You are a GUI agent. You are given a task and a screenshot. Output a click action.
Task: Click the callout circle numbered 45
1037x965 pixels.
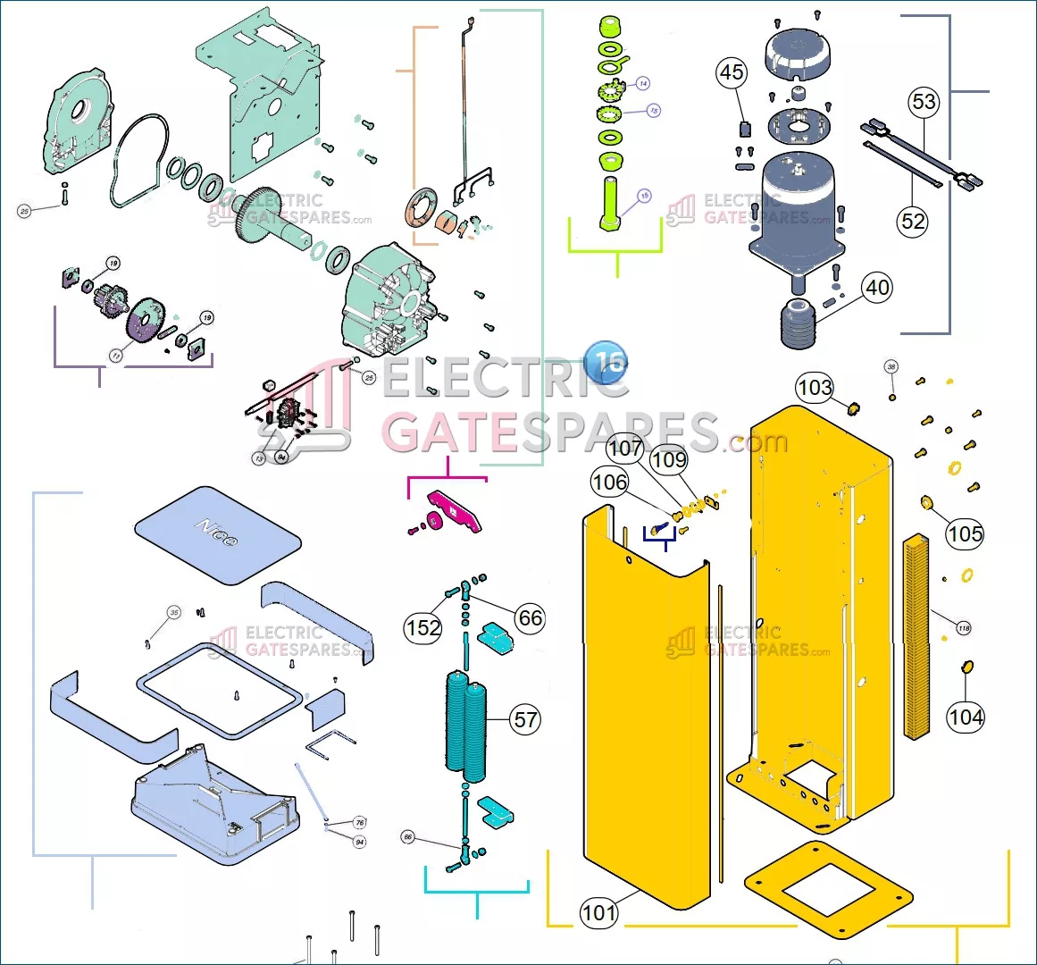(x=732, y=72)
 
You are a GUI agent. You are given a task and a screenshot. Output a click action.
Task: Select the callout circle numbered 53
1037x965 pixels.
(x=924, y=102)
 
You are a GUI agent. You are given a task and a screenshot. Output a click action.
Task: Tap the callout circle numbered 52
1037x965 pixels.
(x=913, y=221)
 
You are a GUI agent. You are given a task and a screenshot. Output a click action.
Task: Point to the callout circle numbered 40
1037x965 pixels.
(x=877, y=287)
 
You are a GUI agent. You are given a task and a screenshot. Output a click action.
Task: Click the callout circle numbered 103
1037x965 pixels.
(x=815, y=387)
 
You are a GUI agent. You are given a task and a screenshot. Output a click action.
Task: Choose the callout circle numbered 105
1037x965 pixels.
(x=965, y=533)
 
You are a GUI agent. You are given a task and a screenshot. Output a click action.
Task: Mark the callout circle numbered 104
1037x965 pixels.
(x=966, y=717)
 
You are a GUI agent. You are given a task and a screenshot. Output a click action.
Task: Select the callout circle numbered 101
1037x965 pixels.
(x=598, y=912)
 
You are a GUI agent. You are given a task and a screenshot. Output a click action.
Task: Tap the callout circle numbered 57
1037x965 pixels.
(x=526, y=719)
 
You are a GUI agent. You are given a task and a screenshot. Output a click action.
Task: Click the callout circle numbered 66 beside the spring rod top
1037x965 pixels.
(x=530, y=617)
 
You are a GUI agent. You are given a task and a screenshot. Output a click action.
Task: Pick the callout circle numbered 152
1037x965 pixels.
(x=423, y=627)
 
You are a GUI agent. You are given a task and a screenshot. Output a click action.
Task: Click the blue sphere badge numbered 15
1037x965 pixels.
(x=606, y=363)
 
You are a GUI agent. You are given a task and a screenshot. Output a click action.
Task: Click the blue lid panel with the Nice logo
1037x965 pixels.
(x=218, y=534)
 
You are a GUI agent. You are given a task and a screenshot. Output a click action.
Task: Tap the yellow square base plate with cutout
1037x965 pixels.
(x=827, y=889)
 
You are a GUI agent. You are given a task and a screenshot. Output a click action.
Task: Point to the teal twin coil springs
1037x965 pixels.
(x=466, y=726)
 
